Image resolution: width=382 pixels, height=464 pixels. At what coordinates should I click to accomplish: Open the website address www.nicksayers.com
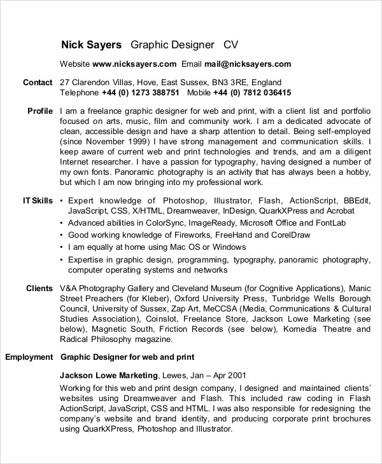(x=134, y=64)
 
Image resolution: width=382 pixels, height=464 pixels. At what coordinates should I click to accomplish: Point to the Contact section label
(x=38, y=83)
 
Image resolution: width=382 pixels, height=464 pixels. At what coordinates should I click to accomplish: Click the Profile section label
(x=40, y=111)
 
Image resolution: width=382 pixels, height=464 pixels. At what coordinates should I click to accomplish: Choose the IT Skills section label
(x=38, y=200)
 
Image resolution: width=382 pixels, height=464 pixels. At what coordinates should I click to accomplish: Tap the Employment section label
(x=29, y=357)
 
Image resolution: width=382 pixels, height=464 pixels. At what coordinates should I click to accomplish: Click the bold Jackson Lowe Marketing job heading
(x=108, y=375)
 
